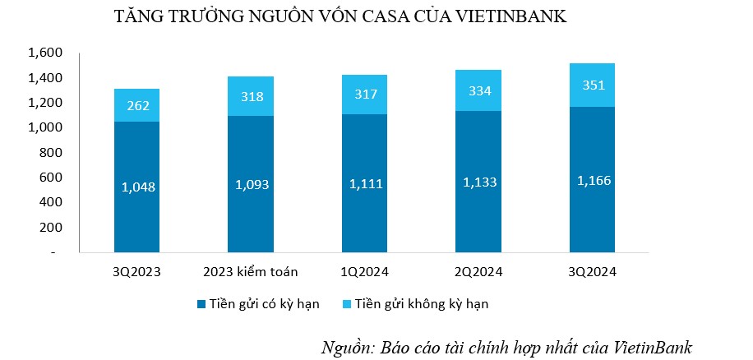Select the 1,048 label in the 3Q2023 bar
pyautogui.click(x=136, y=187)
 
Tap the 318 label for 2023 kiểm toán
pyautogui.click(x=250, y=97)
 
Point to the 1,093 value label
pyautogui.click(x=250, y=184)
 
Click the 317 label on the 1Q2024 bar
pyautogui.click(x=364, y=95)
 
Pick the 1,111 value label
pyautogui.click(x=364, y=183)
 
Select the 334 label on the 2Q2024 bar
pyautogui.click(x=478, y=90)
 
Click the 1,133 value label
pyautogui.click(x=478, y=182)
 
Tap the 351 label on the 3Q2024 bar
pyautogui.click(x=592, y=85)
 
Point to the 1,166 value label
pyautogui.click(x=592, y=180)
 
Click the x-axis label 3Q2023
pyautogui.click(x=136, y=272)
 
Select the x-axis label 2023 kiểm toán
pyautogui.click(x=250, y=272)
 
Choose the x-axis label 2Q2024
pyautogui.click(x=478, y=272)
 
